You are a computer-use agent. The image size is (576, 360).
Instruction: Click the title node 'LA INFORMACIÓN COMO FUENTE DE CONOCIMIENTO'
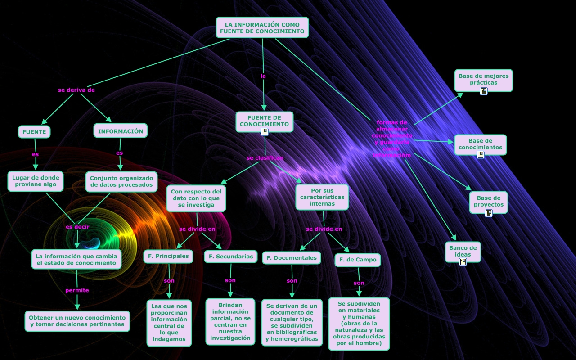click(262, 27)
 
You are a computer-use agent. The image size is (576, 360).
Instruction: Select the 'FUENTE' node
click(34, 132)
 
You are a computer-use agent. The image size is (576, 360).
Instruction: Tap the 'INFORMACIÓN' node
click(121, 131)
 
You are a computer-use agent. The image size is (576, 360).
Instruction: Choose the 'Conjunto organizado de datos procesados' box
click(121, 181)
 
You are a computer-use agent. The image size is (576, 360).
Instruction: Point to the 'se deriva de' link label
click(76, 90)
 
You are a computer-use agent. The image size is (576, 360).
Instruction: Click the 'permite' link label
click(77, 290)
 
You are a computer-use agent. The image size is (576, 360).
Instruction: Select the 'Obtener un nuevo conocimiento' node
click(77, 321)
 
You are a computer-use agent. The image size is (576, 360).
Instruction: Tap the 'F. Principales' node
click(168, 256)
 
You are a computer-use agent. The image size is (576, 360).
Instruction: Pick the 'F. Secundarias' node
click(231, 256)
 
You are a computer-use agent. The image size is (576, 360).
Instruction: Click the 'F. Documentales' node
click(292, 258)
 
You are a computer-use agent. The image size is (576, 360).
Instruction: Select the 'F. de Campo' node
click(358, 260)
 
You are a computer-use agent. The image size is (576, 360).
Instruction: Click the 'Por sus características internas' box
click(322, 197)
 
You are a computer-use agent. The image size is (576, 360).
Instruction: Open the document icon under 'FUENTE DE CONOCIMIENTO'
click(265, 132)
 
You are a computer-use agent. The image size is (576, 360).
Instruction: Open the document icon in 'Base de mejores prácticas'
click(484, 91)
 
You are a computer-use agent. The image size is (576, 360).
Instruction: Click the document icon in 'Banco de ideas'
click(463, 261)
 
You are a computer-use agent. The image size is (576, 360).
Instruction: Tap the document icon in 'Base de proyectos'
click(489, 213)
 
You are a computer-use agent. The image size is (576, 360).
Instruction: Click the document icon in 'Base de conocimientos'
click(481, 155)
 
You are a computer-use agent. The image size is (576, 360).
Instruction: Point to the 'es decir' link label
click(77, 227)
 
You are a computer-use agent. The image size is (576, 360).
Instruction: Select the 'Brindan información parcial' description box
click(230, 321)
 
